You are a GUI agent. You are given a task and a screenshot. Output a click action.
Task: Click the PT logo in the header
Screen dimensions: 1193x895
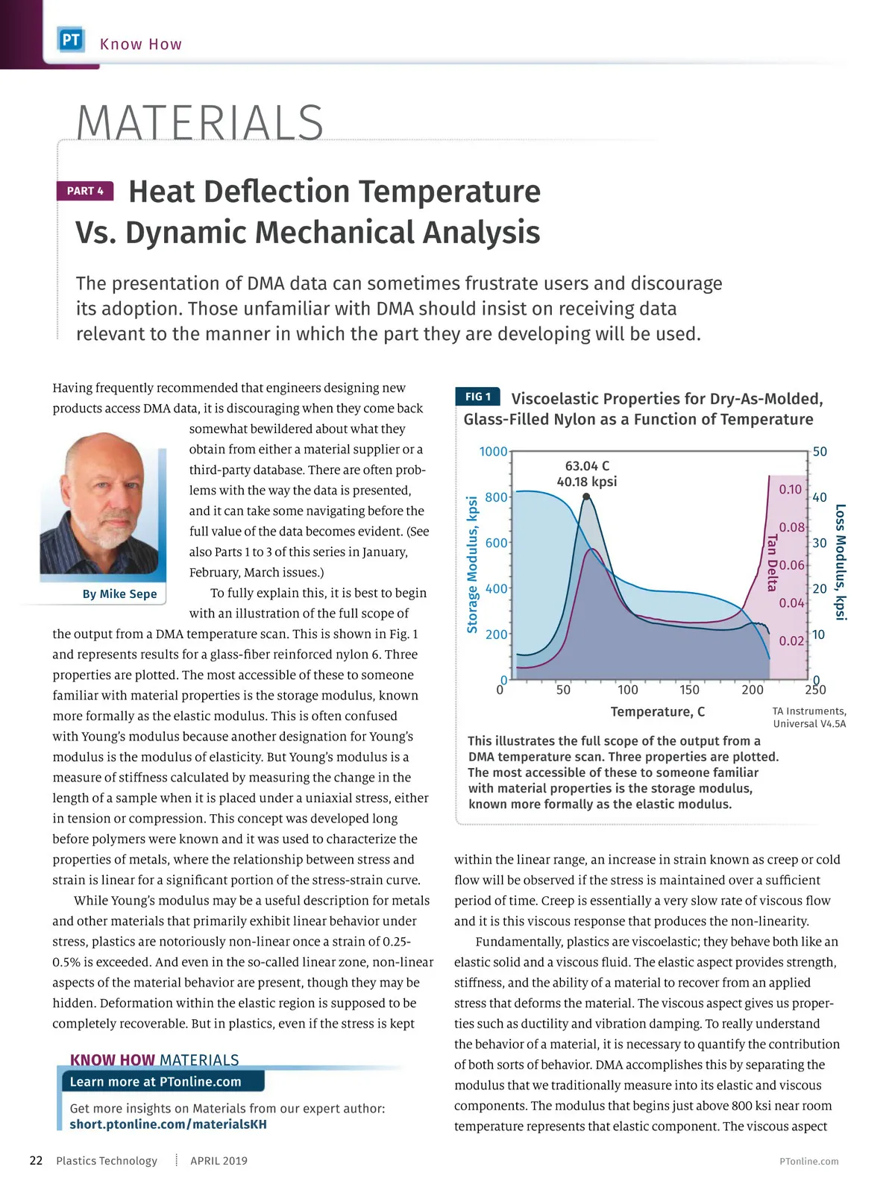click(x=71, y=40)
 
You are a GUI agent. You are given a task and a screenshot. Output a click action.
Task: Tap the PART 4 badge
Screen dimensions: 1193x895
click(x=85, y=191)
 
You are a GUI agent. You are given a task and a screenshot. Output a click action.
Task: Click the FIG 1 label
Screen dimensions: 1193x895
click(x=477, y=397)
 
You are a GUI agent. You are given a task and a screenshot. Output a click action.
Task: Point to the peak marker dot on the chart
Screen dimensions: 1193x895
click(x=586, y=497)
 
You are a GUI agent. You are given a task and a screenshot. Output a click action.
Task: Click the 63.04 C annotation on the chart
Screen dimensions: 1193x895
click(x=587, y=466)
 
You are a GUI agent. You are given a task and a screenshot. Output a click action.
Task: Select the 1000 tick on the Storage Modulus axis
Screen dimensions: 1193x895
click(x=493, y=452)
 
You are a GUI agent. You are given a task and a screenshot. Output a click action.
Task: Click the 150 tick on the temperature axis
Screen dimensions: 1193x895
click(x=689, y=690)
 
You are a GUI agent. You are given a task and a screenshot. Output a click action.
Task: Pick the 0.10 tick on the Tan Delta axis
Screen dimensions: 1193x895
click(x=790, y=490)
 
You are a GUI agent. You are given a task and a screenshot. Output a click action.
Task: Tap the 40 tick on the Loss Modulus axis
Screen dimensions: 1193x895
click(x=820, y=497)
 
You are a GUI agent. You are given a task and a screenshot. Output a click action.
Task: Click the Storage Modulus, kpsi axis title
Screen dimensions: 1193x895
click(x=472, y=564)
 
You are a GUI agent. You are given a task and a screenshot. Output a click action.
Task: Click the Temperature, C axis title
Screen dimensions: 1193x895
click(x=657, y=712)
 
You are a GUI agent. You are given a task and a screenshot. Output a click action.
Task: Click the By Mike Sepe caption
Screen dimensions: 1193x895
click(x=119, y=594)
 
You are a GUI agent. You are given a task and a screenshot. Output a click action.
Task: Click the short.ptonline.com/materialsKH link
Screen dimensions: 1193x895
click(x=168, y=1124)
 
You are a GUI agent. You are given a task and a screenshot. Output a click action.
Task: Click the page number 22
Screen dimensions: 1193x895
click(x=36, y=1160)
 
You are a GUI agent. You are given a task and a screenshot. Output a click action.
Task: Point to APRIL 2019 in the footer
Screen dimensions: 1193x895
click(x=219, y=1161)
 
